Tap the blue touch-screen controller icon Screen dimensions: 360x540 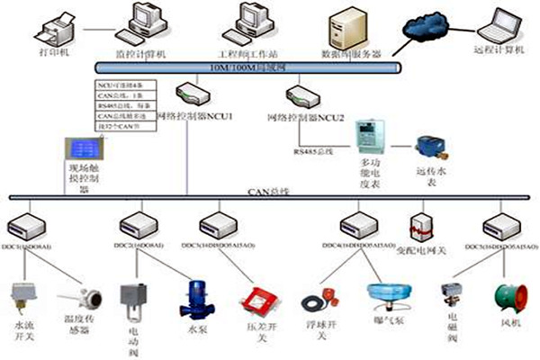(x=79, y=150)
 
